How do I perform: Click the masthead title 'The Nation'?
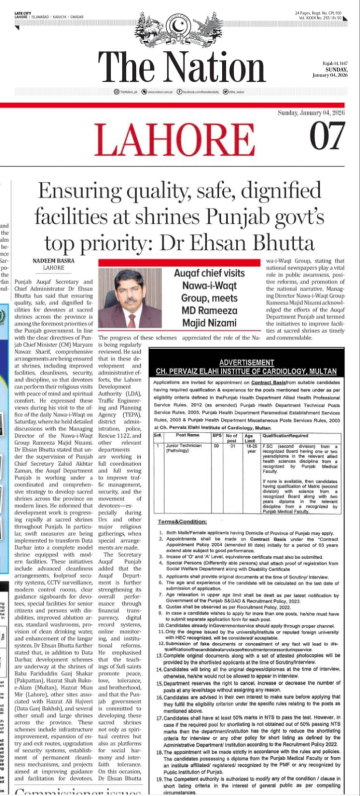tap(181, 66)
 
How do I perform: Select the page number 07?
tap(327, 135)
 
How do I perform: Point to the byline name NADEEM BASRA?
tap(53, 260)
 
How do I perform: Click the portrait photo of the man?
tap(130, 298)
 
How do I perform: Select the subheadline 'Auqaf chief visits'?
tap(209, 273)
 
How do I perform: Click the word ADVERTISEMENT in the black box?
tap(247, 363)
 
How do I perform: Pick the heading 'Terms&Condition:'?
tap(182, 521)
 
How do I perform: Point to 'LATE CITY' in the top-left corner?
tap(23, 12)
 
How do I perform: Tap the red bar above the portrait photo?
tap(179, 262)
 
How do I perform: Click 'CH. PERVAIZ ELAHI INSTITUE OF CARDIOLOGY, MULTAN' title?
tap(246, 371)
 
